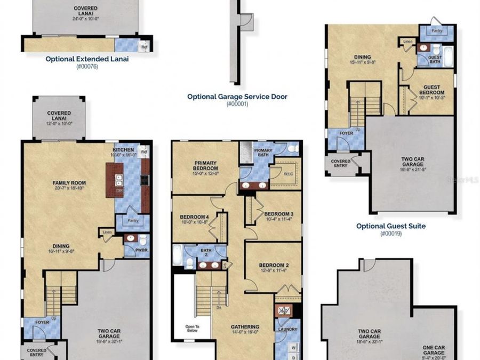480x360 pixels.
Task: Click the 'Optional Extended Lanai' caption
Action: coord(87,59)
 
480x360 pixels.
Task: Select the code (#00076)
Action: coord(87,66)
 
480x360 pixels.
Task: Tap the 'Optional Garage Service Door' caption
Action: coord(237,97)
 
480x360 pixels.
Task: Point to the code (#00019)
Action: coord(391,234)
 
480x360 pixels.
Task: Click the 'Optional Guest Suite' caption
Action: coord(391,226)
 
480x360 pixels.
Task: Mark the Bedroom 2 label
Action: coord(274,265)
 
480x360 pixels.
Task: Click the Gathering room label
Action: coord(245,327)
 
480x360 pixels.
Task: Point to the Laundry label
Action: coord(288,330)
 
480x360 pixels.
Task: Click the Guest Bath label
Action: coord(435,59)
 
